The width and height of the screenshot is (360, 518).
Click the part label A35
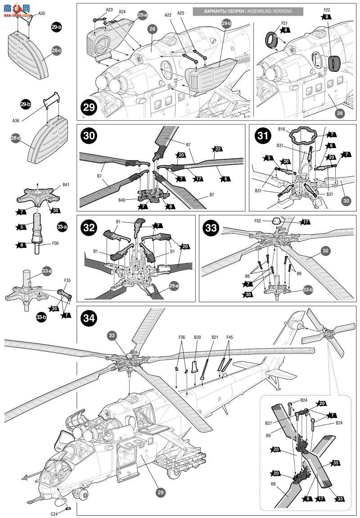tap(41, 14)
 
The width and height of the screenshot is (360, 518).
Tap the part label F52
tap(257, 221)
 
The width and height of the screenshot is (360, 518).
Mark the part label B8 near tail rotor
tap(273, 484)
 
